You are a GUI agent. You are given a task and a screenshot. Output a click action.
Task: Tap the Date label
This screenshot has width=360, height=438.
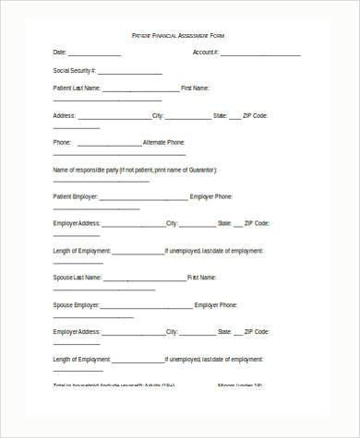60,53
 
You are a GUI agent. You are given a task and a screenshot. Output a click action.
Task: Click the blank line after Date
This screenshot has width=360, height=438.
94,54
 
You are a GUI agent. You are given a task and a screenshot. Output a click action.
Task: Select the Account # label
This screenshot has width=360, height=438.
205,53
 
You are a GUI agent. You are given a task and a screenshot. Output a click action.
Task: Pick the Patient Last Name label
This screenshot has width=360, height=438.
77,89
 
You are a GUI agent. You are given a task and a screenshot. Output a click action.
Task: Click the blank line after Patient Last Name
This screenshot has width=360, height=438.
140,90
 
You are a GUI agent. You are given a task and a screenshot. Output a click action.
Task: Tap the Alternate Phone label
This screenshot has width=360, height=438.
164,143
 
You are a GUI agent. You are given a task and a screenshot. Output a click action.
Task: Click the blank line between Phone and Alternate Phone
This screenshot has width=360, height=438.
109,145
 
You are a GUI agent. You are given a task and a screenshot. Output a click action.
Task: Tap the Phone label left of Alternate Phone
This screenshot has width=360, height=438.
62,143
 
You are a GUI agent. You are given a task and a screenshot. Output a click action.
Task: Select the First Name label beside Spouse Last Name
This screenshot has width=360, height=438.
202,277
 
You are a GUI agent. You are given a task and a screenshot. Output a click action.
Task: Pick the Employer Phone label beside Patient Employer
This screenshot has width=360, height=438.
211,196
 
